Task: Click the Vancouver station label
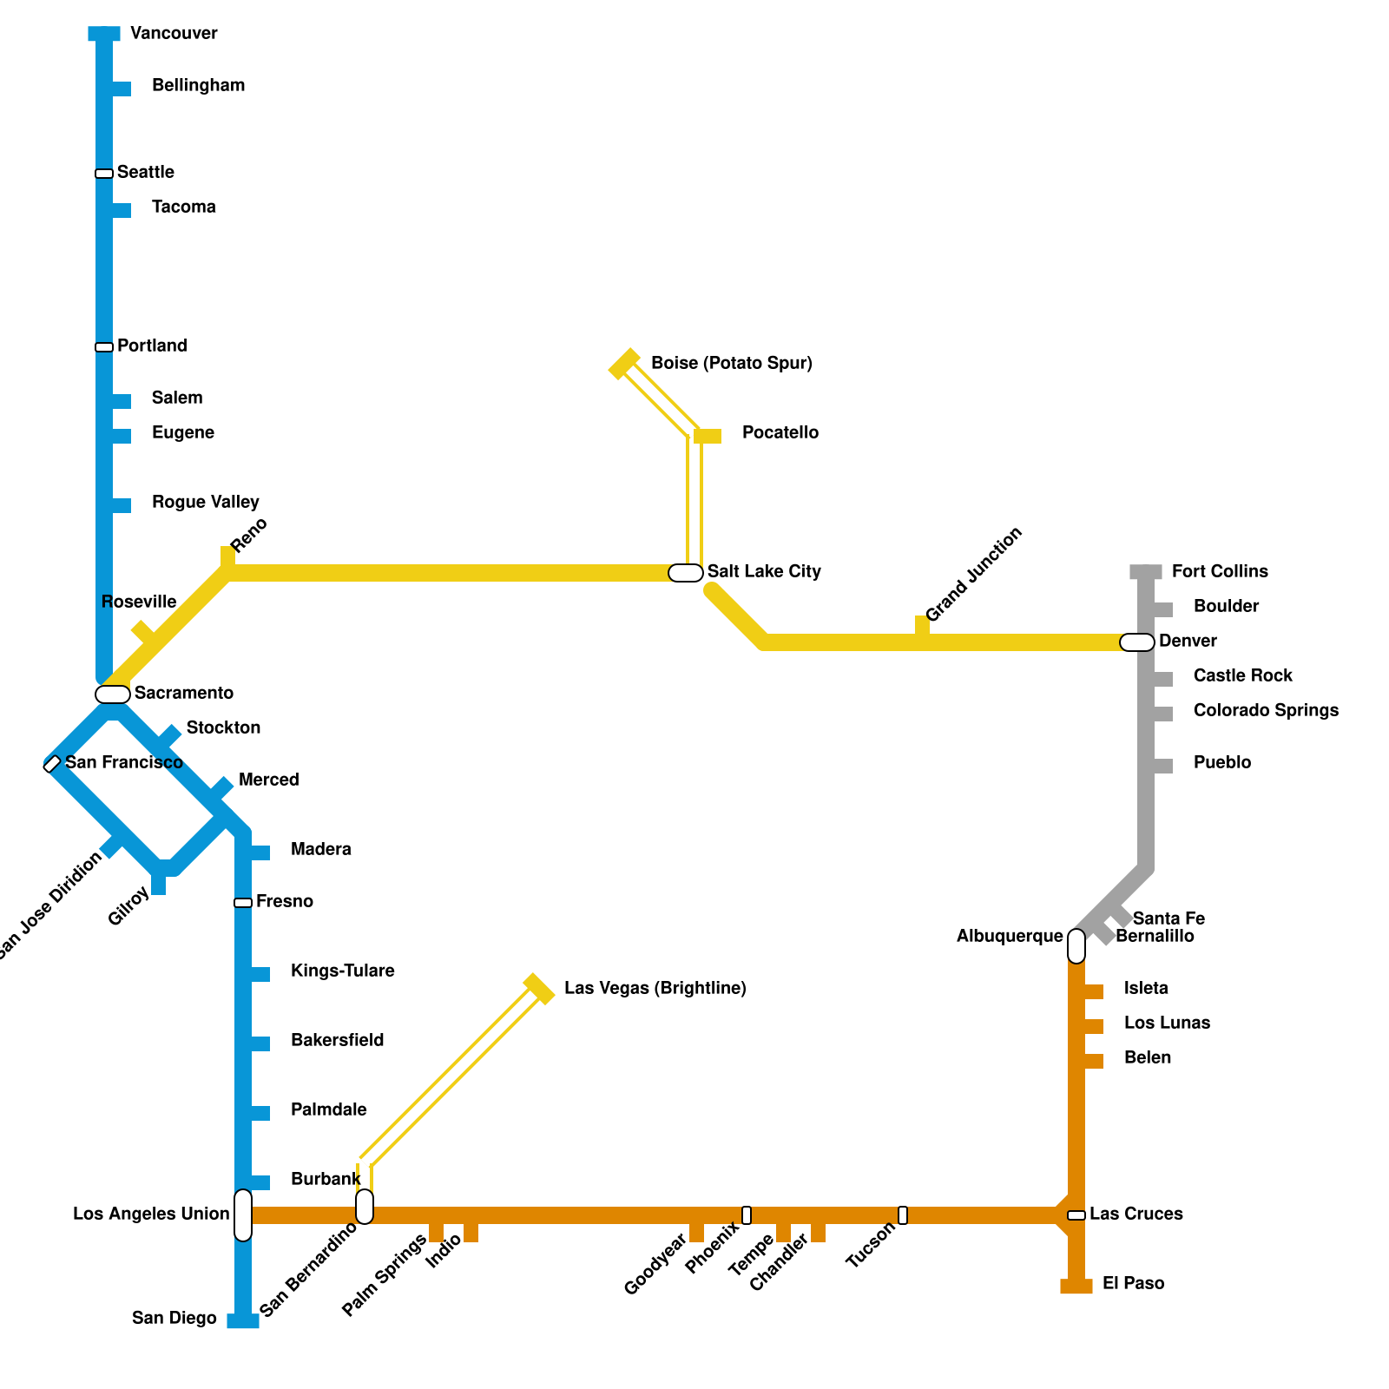coord(174,34)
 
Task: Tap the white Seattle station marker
coord(104,174)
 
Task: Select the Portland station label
coord(152,346)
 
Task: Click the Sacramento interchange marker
coord(113,694)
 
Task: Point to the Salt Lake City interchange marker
coord(686,573)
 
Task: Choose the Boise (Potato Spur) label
coord(731,364)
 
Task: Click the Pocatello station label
coord(780,433)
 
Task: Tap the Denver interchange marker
coord(1137,642)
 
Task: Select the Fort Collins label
coord(1220,572)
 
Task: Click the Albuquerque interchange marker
coord(1076,946)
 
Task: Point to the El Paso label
coord(1133,1284)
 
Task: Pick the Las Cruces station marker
coord(1076,1215)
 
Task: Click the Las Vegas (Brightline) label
coord(655,989)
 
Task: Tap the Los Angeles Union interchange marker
coord(243,1215)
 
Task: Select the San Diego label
coord(174,1319)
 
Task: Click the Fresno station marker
coord(243,903)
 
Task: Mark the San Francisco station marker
coord(52,764)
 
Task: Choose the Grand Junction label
coord(974,575)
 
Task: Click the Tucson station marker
coord(903,1215)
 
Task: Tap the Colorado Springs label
coord(1266,711)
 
